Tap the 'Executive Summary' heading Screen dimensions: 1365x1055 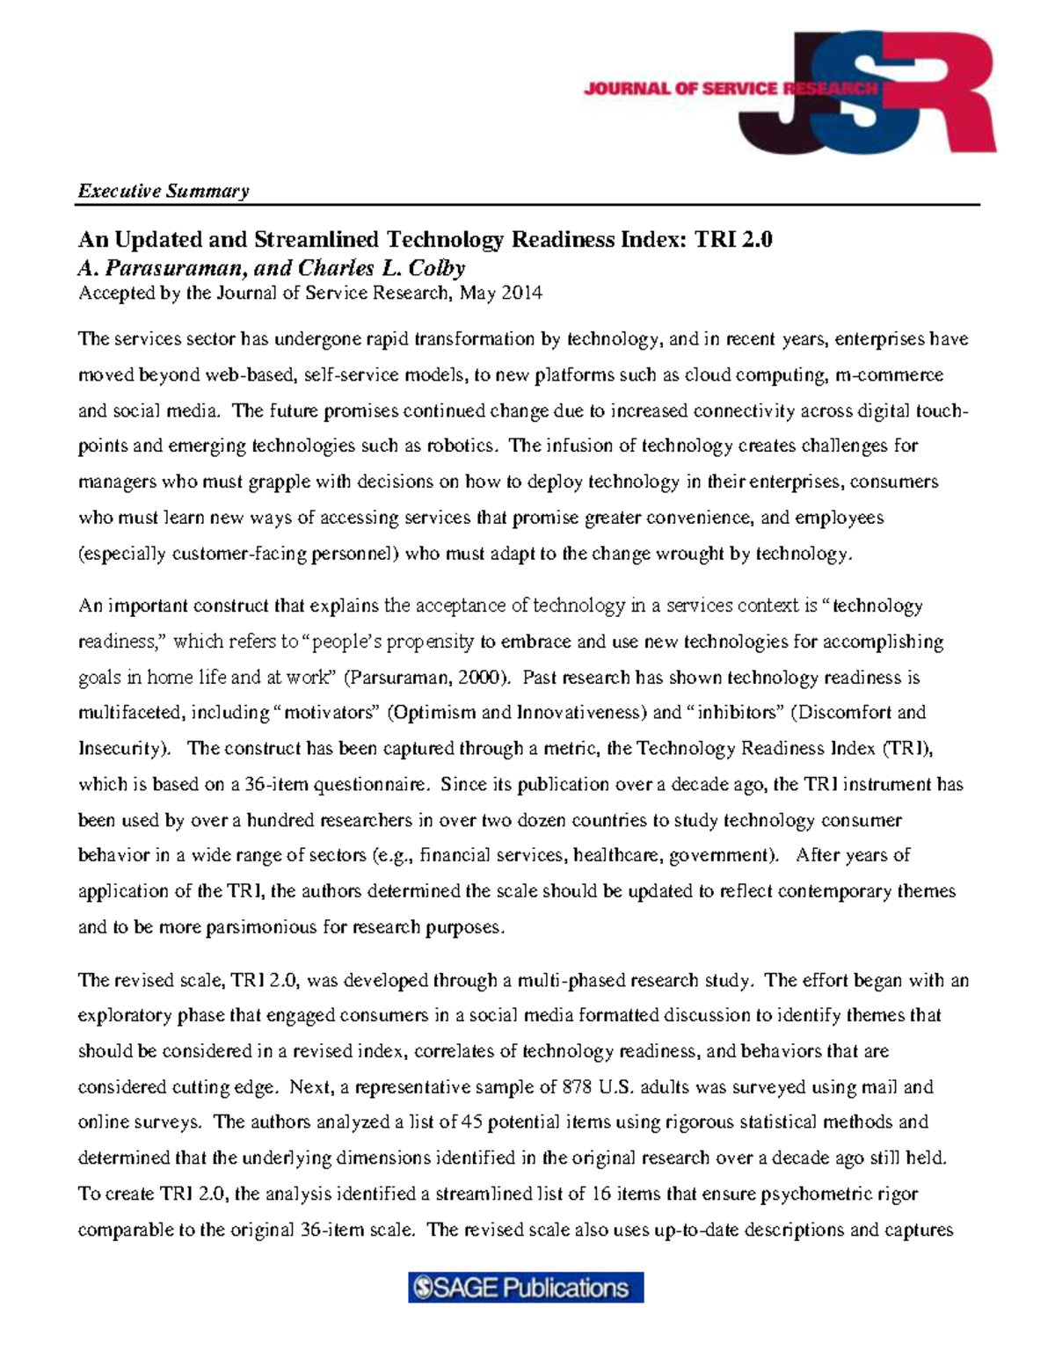click(164, 191)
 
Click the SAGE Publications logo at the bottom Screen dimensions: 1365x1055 click(526, 1289)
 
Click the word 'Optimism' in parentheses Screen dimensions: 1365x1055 click(429, 713)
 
